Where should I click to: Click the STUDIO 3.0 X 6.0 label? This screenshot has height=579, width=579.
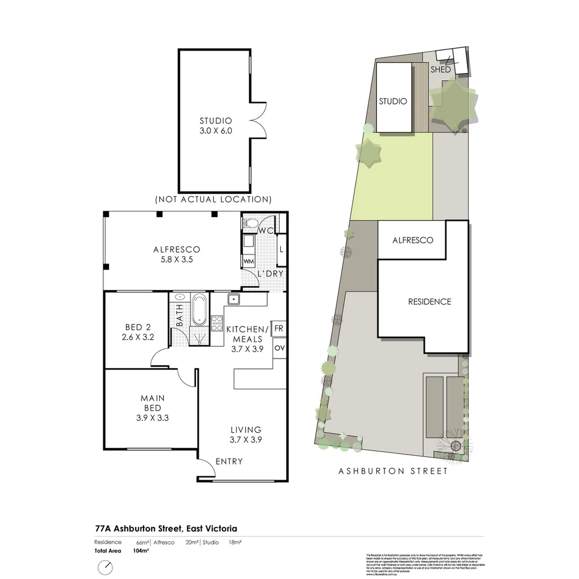click(x=216, y=125)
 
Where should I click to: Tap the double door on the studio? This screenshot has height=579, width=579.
click(x=258, y=121)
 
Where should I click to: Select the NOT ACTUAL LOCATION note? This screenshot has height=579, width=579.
click(x=213, y=199)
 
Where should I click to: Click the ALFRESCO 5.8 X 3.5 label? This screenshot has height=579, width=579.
click(x=176, y=254)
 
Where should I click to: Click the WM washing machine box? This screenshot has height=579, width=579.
click(x=249, y=261)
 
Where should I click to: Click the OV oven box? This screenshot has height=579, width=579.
click(x=279, y=348)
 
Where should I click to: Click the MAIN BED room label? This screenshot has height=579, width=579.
click(x=152, y=403)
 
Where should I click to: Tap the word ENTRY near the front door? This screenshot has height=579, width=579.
click(x=229, y=461)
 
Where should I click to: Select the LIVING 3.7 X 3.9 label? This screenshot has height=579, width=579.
click(x=246, y=434)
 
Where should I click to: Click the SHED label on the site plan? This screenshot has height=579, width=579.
click(x=441, y=70)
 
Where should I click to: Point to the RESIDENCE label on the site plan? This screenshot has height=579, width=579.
click(x=429, y=301)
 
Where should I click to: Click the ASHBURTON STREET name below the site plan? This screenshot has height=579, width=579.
click(x=393, y=471)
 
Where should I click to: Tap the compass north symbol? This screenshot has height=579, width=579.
click(x=106, y=567)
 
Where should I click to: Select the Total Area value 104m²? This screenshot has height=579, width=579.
click(x=140, y=551)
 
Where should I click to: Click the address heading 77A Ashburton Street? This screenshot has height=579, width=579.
click(x=158, y=528)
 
